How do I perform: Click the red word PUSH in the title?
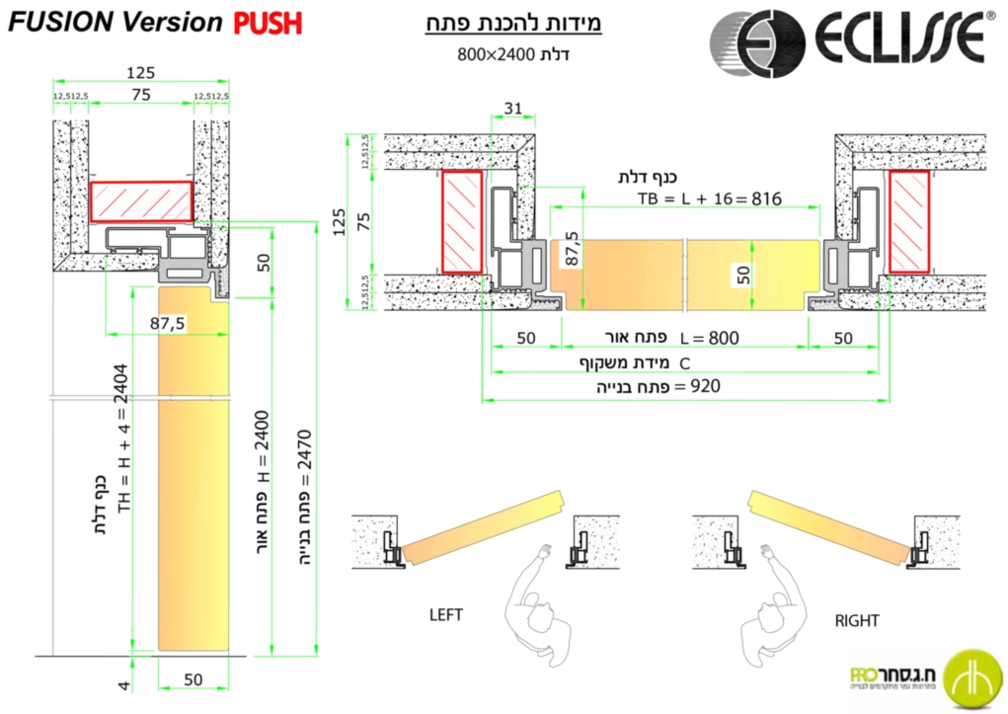click(268, 23)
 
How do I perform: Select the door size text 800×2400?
click(491, 53)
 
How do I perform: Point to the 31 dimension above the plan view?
click(512, 107)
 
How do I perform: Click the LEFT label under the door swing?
click(445, 614)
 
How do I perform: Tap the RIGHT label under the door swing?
click(856, 621)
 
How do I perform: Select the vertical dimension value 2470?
click(304, 449)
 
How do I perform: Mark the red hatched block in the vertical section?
click(141, 201)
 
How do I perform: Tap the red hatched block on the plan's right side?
click(908, 220)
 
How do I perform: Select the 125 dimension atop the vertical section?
click(140, 72)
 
